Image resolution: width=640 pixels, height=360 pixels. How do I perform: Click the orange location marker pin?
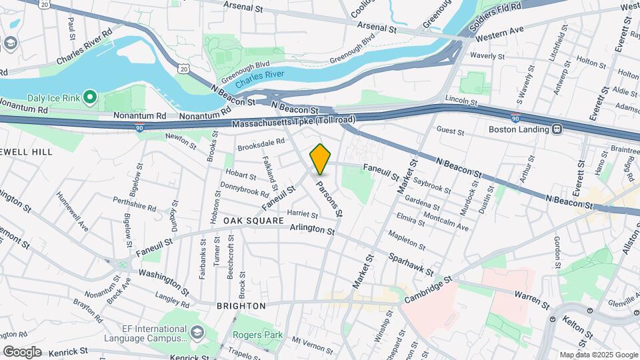tap(321, 159)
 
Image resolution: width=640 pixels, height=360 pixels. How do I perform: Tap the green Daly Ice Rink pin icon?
tap(91, 98)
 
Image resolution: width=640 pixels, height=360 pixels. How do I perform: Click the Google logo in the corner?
tap(23, 351)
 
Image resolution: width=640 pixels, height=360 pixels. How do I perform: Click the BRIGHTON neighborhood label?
tap(241, 306)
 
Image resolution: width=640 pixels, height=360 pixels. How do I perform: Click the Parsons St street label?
tap(329, 199)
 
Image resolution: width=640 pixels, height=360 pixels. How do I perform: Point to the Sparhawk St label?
tap(411, 265)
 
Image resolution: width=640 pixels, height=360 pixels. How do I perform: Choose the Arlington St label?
tap(312, 229)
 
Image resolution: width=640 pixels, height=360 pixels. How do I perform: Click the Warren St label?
tap(531, 299)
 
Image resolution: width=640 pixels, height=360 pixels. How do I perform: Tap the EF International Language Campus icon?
tap(197, 331)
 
